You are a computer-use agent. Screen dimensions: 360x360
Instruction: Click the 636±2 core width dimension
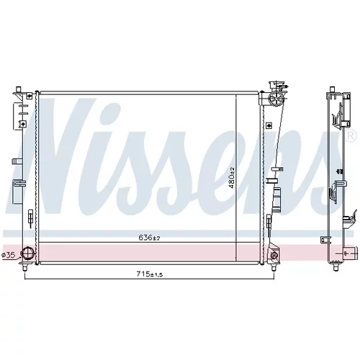(x=149, y=238)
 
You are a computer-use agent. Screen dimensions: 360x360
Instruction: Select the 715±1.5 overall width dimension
(x=150, y=274)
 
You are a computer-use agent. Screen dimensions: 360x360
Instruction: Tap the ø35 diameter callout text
(x=9, y=256)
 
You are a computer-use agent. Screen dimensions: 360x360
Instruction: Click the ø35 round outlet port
(x=27, y=254)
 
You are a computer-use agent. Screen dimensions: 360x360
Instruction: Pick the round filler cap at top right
(x=276, y=99)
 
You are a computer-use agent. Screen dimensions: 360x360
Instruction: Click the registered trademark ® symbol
(x=351, y=136)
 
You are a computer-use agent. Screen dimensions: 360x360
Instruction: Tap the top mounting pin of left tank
(x=18, y=89)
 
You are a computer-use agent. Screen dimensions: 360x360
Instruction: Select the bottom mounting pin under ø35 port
(x=24, y=267)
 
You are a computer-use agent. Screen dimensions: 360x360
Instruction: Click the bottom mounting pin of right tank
(x=273, y=267)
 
